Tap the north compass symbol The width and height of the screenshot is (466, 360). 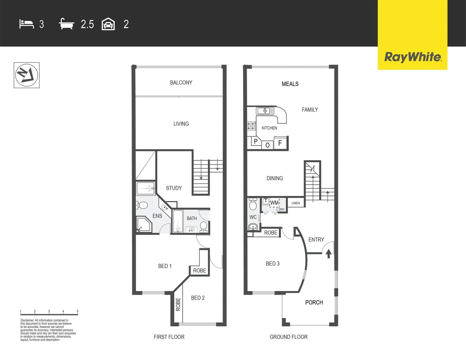point(27,75)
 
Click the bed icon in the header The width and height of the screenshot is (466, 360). point(27,24)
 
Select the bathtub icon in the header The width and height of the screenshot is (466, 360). point(66,24)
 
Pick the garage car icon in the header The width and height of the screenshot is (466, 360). point(108,24)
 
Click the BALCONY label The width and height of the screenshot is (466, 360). point(181,83)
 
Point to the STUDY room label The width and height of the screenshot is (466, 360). point(174,188)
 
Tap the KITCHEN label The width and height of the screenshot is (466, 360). point(269,128)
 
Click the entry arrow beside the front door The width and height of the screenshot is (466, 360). point(328,254)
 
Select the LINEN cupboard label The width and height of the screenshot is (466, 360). point(296,203)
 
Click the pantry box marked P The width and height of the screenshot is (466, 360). point(255,142)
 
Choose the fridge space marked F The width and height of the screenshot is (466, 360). point(280,143)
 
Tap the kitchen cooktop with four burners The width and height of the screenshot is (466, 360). point(251,126)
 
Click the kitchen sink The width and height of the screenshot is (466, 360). point(265,111)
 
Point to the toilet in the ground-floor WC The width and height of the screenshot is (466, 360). point(253,204)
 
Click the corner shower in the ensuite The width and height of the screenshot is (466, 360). point(143,225)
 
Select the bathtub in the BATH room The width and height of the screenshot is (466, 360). point(178,221)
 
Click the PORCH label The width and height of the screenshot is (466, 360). point(314,302)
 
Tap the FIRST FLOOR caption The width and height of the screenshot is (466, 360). point(169,337)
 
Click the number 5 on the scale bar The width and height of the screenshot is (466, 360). point(77,311)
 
